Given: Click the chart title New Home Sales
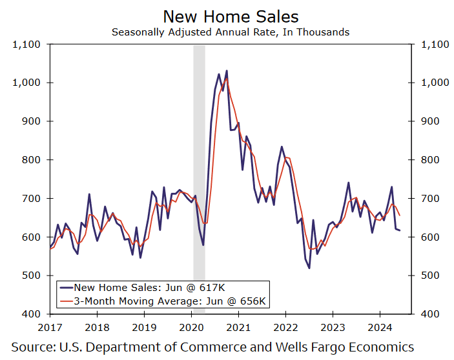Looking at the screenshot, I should [x=231, y=16].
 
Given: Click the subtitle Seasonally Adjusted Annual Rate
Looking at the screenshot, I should [x=231, y=32].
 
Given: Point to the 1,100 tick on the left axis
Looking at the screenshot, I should [x=26, y=45].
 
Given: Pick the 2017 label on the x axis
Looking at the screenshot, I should [x=50, y=327].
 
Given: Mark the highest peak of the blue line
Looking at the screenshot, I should [x=227, y=71].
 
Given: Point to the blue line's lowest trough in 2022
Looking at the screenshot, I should [x=309, y=268].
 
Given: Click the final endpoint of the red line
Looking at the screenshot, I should [x=399, y=215].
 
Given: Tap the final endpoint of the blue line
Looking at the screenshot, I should [x=399, y=230].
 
